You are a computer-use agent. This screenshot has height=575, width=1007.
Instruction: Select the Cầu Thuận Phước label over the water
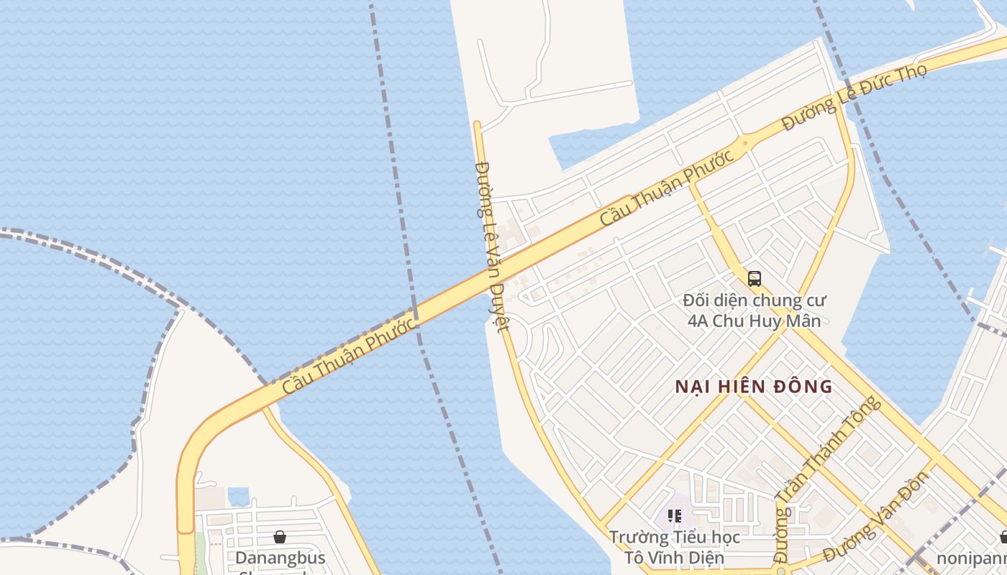[x=349, y=355]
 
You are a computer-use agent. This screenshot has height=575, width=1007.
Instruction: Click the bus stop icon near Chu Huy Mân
[x=754, y=279]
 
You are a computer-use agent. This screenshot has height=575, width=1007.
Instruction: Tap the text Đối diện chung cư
[x=755, y=300]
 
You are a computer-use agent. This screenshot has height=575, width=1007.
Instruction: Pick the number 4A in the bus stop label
[x=698, y=321]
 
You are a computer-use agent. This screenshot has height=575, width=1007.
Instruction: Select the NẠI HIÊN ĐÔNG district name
[x=754, y=387]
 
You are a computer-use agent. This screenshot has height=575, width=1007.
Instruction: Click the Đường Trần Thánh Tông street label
[x=827, y=478]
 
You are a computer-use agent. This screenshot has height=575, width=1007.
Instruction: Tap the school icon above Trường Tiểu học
[x=674, y=515]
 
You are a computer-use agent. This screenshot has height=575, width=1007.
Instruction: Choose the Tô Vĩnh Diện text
[x=674, y=557]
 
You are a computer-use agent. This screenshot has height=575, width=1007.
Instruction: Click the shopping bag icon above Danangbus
[x=280, y=537]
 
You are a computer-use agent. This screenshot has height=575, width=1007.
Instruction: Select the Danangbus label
[x=281, y=558]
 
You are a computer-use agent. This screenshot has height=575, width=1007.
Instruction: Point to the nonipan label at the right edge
[x=971, y=558]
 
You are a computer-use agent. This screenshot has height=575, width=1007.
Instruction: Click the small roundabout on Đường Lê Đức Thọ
[x=744, y=142]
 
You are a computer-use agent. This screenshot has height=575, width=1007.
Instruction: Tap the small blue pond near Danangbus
[x=238, y=496]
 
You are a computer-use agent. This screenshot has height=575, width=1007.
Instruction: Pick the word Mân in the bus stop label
[x=803, y=321]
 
